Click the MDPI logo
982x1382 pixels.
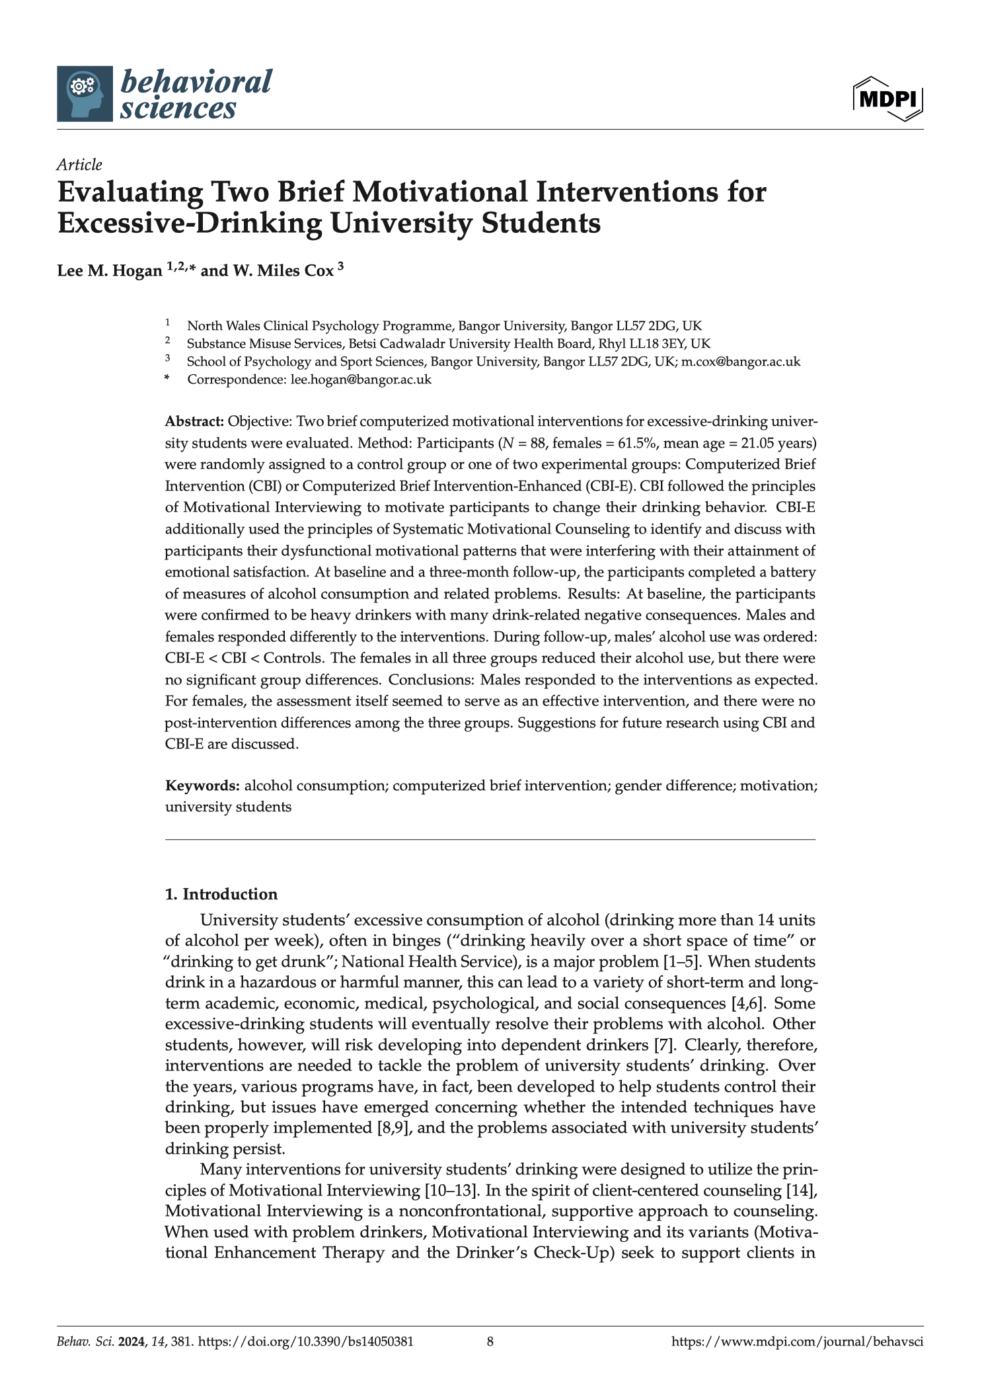point(888,100)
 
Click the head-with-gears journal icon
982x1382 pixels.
point(85,93)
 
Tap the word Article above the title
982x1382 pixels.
point(79,165)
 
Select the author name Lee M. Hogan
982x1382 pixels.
point(109,270)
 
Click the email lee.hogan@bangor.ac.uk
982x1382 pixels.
point(361,380)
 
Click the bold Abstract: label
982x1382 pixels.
point(194,422)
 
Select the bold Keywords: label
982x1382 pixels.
point(202,786)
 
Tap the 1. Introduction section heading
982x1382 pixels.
point(221,894)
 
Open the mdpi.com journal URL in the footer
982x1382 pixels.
point(797,1342)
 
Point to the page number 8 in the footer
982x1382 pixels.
point(490,1342)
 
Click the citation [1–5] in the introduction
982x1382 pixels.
point(685,961)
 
